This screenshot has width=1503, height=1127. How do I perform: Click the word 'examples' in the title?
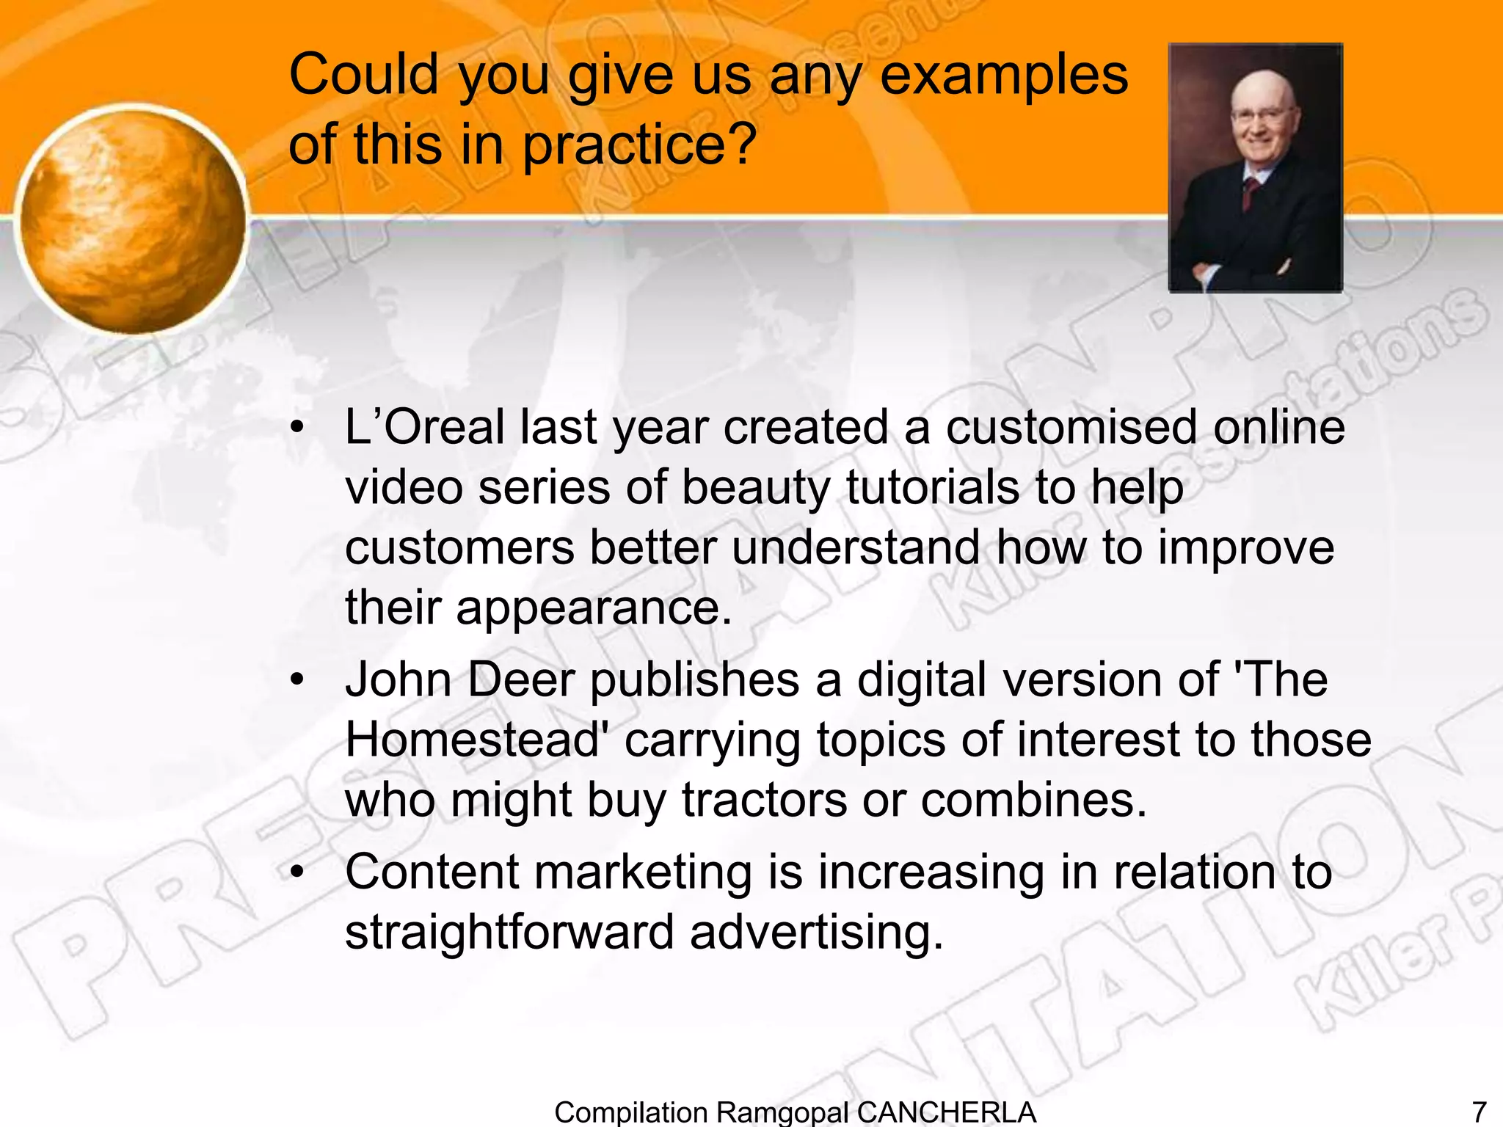click(x=1003, y=76)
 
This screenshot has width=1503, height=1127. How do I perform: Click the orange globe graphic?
click(x=132, y=220)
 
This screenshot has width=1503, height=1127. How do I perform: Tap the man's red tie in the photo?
click(x=1250, y=192)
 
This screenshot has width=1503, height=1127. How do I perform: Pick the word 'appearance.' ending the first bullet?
click(x=594, y=608)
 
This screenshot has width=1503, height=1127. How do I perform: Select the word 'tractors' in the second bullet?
click(x=764, y=800)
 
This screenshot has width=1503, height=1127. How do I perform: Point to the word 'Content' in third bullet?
click(x=432, y=873)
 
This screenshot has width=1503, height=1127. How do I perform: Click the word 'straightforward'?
click(x=509, y=933)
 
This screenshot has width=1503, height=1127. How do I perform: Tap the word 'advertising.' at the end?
click(x=816, y=933)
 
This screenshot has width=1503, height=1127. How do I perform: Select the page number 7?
click(x=1480, y=1112)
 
